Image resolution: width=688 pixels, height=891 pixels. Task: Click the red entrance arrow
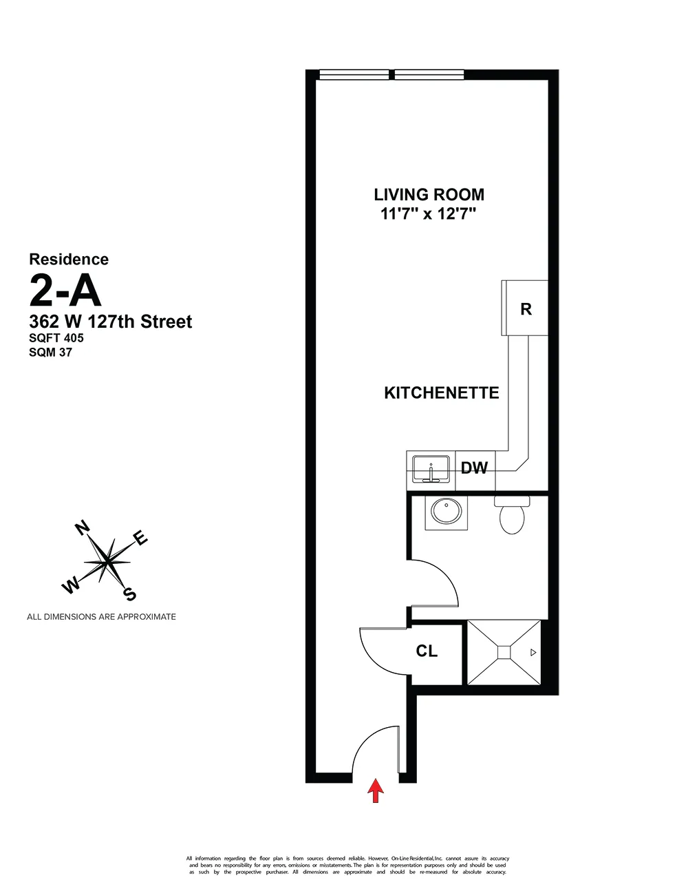[375, 790]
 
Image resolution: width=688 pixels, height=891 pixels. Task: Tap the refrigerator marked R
[526, 309]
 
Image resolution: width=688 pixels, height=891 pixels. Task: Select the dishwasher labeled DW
[474, 468]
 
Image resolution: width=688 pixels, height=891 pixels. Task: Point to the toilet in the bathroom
[512, 517]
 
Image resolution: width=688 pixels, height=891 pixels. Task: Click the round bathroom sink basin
[446, 512]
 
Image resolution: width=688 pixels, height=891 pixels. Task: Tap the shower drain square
[504, 652]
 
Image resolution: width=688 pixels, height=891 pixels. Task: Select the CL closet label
[427, 651]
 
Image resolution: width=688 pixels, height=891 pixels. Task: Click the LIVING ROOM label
[429, 195]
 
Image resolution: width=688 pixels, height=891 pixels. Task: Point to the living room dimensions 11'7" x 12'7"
[429, 213]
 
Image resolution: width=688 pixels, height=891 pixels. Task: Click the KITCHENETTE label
[441, 393]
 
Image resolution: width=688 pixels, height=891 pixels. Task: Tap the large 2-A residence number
[65, 290]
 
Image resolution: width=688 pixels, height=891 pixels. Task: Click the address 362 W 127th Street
[111, 322]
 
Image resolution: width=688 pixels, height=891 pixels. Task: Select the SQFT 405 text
[56, 338]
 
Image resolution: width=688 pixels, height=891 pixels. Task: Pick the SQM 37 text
[50, 352]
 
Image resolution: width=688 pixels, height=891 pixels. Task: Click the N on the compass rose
[82, 529]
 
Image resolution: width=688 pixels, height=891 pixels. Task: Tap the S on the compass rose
[129, 594]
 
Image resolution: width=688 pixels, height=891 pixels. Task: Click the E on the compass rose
[140, 538]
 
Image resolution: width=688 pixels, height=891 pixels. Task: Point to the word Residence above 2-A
[69, 260]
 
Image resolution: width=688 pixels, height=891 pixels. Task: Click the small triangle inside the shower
[533, 652]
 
